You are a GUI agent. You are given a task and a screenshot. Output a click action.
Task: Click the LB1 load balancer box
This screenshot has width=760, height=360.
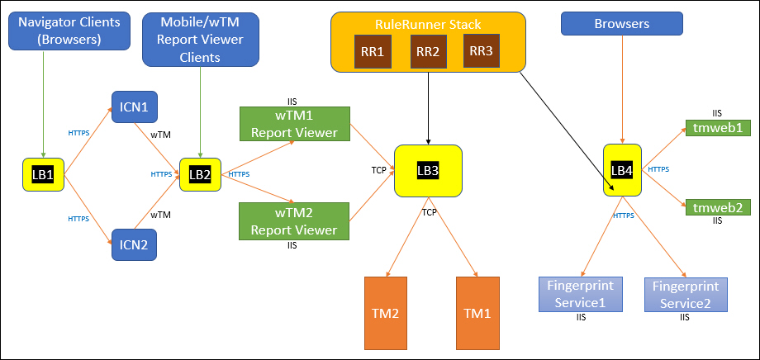43,174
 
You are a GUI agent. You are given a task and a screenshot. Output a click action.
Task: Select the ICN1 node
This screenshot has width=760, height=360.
135,107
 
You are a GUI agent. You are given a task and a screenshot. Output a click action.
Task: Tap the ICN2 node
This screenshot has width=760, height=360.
135,244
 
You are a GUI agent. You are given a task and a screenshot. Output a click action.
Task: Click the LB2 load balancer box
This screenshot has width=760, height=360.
200,174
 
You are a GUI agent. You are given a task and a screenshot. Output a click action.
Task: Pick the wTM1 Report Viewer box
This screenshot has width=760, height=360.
295,124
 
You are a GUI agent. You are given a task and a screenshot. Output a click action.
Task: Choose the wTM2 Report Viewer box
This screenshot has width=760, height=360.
295,221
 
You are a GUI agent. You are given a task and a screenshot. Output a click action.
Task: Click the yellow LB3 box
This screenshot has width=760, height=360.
429,171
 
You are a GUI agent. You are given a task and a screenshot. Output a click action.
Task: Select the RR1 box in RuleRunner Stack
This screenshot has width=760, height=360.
373,51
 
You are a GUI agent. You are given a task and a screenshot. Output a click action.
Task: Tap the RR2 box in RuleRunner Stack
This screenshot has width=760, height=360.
429,51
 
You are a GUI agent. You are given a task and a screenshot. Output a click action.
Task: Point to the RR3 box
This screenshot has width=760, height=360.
482,50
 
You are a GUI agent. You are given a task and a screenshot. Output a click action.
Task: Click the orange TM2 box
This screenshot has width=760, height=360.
386,313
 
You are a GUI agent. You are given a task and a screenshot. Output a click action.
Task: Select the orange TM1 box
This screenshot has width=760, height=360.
477,313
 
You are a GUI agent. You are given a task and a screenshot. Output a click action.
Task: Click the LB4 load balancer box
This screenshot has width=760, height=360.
622,170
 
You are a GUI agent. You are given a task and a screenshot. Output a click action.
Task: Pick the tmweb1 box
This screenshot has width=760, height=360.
718,127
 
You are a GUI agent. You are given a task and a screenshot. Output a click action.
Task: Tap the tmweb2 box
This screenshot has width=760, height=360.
718,207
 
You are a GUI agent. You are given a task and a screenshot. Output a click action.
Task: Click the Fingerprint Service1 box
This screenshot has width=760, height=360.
580,295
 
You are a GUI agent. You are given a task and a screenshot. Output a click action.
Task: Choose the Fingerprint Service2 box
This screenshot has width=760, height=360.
686,295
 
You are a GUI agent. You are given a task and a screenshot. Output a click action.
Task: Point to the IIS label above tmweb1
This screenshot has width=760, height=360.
717,113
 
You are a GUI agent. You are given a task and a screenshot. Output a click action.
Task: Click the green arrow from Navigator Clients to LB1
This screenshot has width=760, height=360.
44,104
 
